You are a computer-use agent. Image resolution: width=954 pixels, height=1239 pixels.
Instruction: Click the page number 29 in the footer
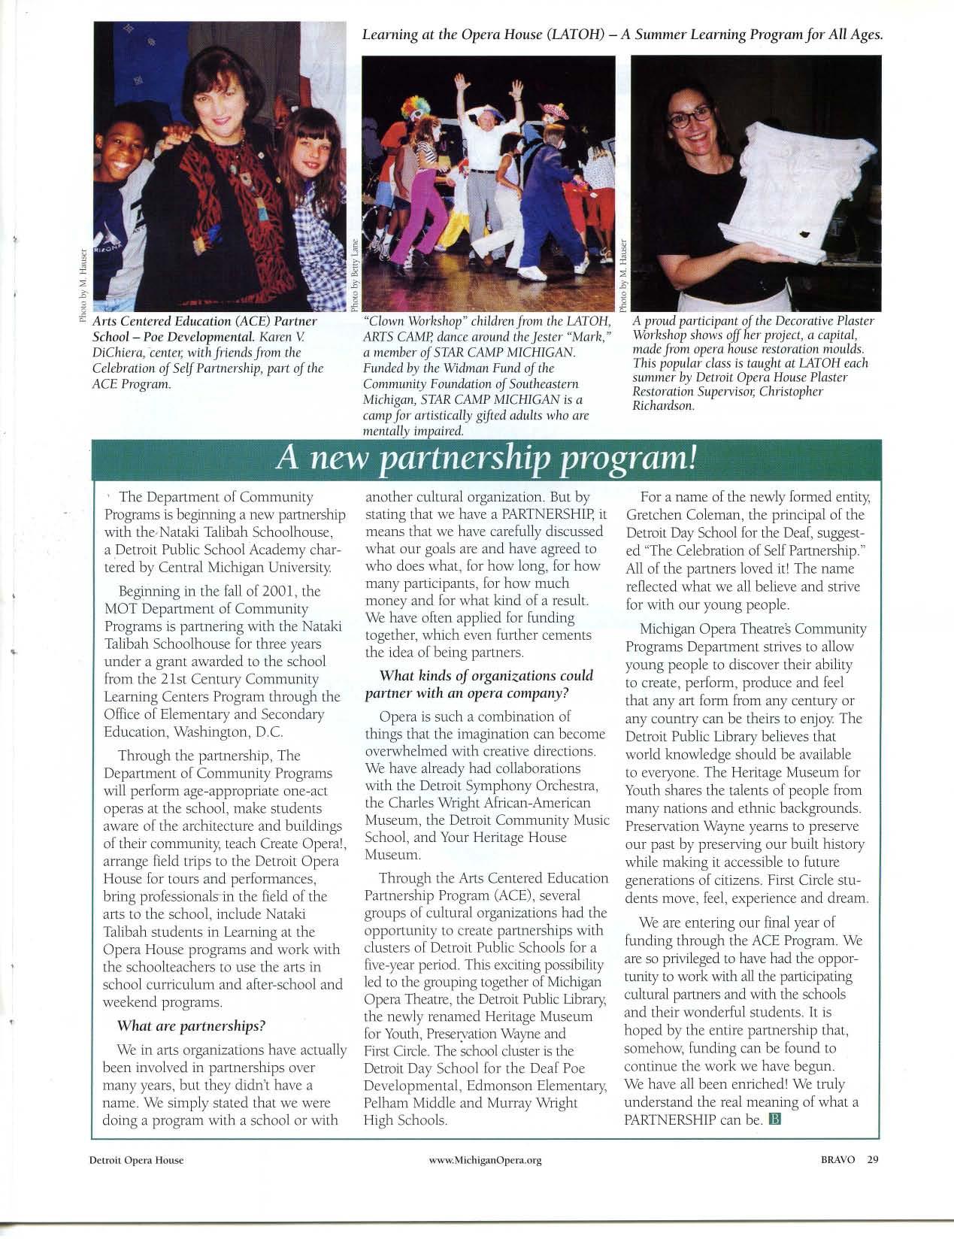872,1180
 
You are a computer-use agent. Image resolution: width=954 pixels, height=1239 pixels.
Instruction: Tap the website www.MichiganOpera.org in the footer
485,1181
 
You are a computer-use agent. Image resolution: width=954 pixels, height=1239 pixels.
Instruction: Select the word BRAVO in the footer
839,1180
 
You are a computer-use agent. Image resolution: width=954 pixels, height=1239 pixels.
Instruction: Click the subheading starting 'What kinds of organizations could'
486,676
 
